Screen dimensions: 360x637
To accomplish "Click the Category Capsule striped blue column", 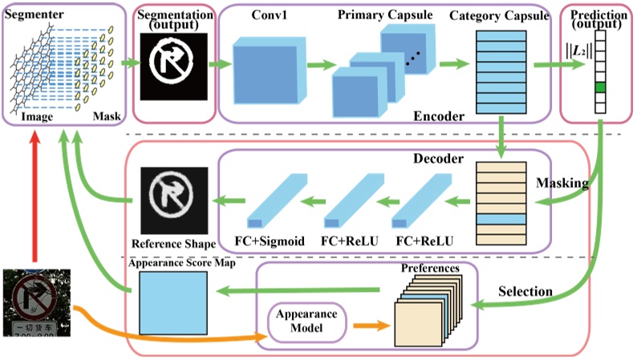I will (x=498, y=72).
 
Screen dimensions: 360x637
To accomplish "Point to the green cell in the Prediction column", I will (x=600, y=87).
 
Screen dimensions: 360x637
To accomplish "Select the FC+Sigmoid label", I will (x=266, y=241).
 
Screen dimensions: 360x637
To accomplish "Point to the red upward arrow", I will (x=33, y=200).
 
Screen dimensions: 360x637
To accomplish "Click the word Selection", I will (x=525, y=289).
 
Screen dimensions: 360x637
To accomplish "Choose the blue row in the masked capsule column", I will (x=498, y=219).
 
